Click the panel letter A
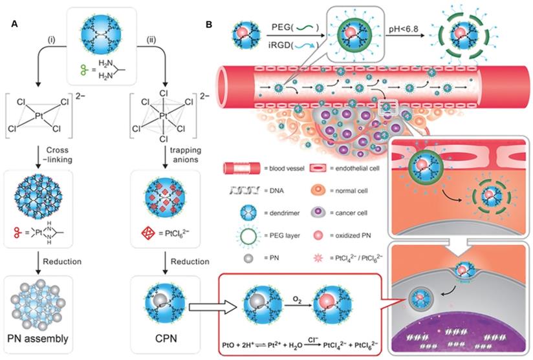click(x=14, y=24)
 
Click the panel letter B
click(x=208, y=24)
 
